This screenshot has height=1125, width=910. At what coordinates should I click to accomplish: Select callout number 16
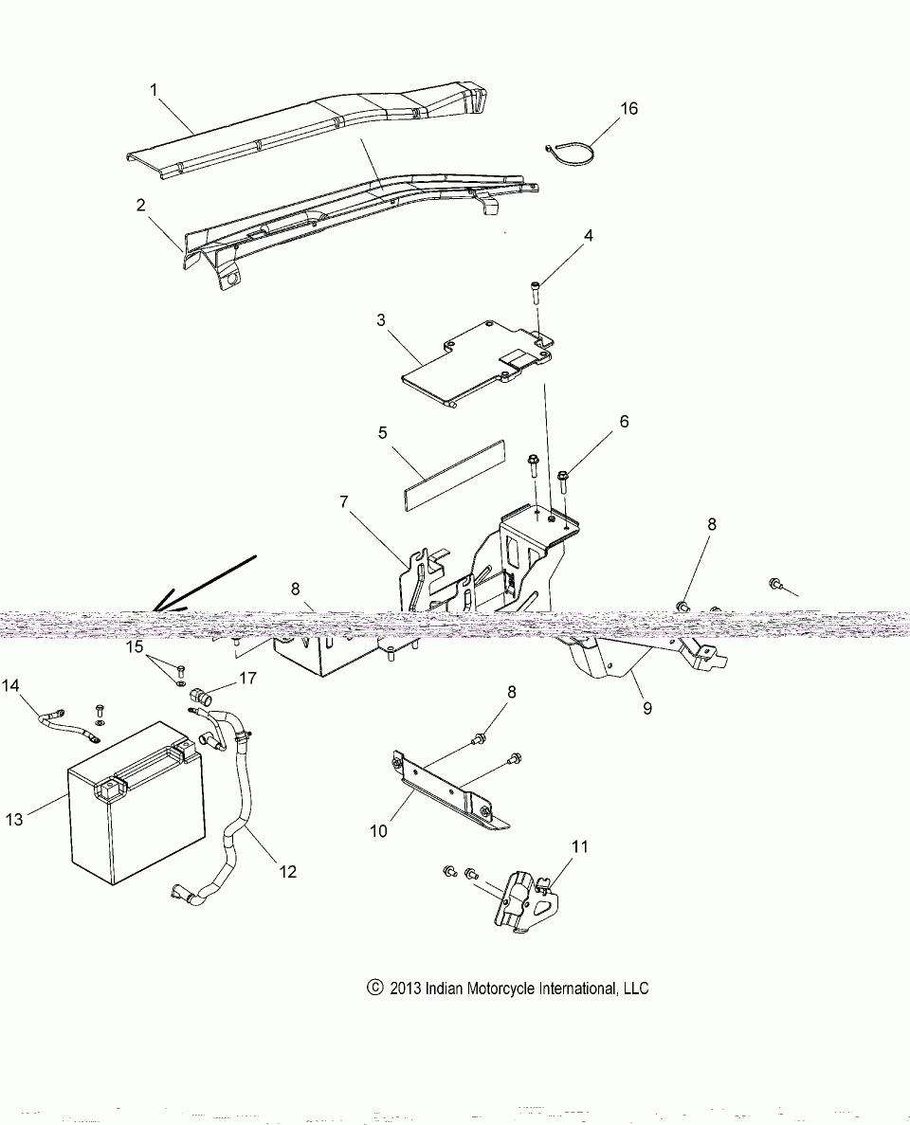629,109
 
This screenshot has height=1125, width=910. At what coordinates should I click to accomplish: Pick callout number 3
381,319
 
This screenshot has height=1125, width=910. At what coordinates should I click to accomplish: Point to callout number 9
646,707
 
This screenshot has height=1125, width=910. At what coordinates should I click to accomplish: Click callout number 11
579,846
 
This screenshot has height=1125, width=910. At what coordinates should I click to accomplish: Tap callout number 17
247,678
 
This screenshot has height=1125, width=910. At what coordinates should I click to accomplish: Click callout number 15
134,647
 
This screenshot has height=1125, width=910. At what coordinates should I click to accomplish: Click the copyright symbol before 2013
373,988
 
